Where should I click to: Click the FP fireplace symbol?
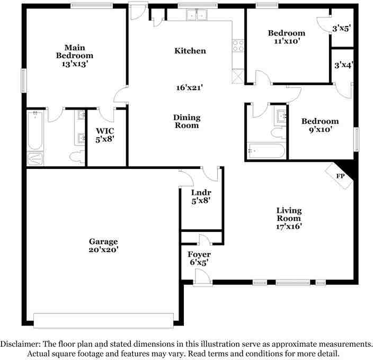coord(340,175)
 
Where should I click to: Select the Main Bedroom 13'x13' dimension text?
coord(74,64)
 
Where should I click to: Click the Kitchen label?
coord(190,51)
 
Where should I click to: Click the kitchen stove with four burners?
coord(238,46)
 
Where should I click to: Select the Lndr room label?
coord(201,193)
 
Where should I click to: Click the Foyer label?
coord(199,255)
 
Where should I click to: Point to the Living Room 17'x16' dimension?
coord(289,226)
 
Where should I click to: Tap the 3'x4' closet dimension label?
coord(343,66)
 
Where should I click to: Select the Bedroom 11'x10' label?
coord(286,37)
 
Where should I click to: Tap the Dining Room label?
coord(186,121)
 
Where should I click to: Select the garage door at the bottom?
coord(103,320)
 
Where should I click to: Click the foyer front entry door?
coord(203,278)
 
